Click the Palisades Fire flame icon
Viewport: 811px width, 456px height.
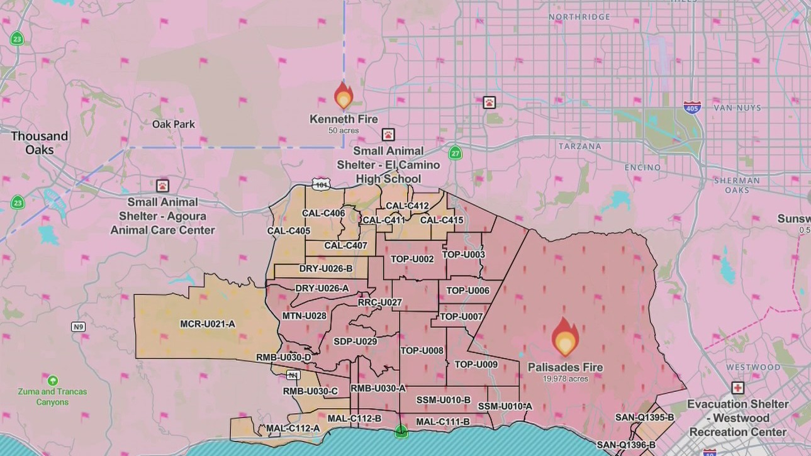tap(565, 337)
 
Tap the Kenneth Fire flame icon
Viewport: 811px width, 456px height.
tap(344, 96)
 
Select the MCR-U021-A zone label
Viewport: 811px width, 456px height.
tap(208, 324)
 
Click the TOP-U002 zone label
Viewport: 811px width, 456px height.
tap(412, 259)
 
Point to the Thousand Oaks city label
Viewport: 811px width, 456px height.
tap(39, 143)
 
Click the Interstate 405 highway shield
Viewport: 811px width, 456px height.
tap(692, 107)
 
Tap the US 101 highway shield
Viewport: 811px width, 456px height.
tap(321, 184)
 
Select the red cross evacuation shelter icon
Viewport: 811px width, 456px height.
tap(737, 388)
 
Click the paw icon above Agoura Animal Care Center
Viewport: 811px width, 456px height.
tap(162, 186)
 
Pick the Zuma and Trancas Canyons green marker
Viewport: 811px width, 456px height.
tap(53, 381)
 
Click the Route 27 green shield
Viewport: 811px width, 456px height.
tap(455, 153)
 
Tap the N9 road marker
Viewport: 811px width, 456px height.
tap(78, 326)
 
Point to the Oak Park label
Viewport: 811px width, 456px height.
tap(174, 124)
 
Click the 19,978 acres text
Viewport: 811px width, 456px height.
tap(565, 379)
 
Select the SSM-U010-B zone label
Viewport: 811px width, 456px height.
tap(444, 400)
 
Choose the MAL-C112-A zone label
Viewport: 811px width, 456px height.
tap(293, 428)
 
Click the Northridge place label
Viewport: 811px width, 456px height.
tap(579, 17)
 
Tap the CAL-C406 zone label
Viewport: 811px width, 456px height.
tap(323, 213)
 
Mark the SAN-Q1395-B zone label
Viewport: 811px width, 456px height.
tap(644, 417)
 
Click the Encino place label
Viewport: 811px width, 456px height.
tap(642, 167)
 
